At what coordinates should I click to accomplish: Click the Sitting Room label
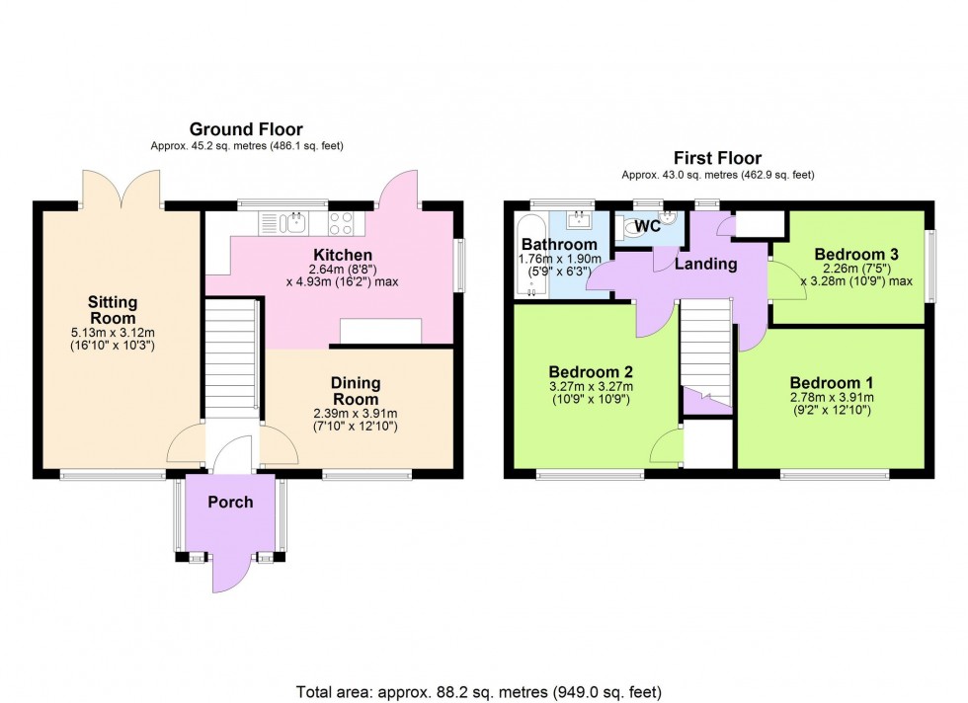click(x=113, y=310)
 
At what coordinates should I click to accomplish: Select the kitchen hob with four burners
click(x=340, y=223)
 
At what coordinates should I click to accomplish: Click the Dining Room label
click(x=355, y=391)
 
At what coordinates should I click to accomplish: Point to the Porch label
click(x=230, y=502)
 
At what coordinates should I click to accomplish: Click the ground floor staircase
click(x=231, y=353)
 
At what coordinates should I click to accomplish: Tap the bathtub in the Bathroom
click(x=531, y=256)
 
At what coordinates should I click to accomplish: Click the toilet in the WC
click(x=631, y=227)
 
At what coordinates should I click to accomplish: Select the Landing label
click(x=705, y=265)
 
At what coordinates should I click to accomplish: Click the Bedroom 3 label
click(x=856, y=254)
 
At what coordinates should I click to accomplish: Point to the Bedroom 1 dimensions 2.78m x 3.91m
click(x=832, y=398)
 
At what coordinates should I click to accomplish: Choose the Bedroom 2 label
click(x=591, y=371)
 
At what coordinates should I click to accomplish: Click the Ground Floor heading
click(x=246, y=129)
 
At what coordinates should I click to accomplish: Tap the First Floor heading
click(x=717, y=157)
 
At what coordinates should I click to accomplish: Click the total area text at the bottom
click(x=478, y=692)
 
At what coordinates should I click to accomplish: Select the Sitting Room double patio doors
click(x=121, y=188)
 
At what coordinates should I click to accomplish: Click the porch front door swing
click(x=232, y=572)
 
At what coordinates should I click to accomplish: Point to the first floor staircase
click(x=705, y=352)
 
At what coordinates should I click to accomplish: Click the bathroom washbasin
click(x=580, y=220)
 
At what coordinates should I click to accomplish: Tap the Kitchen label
click(x=343, y=255)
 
